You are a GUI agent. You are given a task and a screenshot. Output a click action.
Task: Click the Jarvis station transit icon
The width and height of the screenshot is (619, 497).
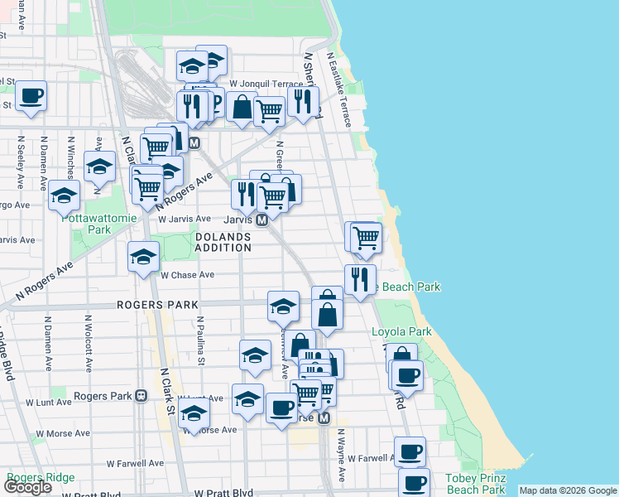(262, 220)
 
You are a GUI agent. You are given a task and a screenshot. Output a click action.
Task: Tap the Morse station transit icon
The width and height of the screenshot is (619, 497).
(324, 418)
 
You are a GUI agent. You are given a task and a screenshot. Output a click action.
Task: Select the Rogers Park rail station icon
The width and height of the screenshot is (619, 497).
(141, 396)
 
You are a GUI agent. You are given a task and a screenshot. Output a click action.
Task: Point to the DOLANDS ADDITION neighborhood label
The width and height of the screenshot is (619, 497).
(223, 242)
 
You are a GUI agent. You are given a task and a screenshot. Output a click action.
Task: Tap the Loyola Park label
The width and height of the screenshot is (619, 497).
(401, 331)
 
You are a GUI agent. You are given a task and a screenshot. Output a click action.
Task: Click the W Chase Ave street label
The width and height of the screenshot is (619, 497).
(188, 275)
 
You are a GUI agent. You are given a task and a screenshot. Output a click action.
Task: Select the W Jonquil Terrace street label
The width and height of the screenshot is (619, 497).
(267, 84)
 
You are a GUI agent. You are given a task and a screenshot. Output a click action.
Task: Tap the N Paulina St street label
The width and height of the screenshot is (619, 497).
(200, 339)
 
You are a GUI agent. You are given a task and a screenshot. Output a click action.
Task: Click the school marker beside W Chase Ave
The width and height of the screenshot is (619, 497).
(144, 257)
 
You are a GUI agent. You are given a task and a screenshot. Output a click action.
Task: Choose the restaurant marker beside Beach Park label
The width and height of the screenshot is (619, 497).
(360, 280)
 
